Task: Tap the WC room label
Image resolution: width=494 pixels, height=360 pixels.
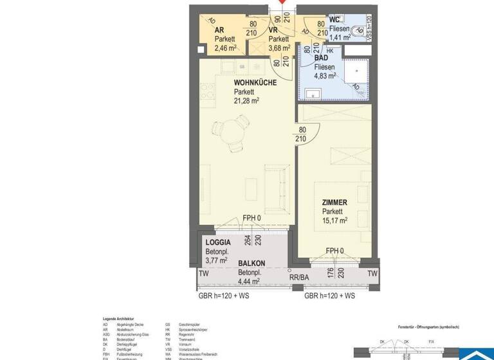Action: (x=334, y=19)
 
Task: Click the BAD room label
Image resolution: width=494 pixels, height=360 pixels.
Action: (x=321, y=58)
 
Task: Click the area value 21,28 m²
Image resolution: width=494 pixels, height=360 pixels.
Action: (x=246, y=101)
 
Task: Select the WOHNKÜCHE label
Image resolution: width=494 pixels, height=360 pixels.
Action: (x=255, y=83)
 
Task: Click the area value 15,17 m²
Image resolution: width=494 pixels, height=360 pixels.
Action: (x=334, y=220)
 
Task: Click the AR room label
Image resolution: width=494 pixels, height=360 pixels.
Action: (x=219, y=30)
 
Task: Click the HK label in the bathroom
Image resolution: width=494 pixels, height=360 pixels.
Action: (x=330, y=51)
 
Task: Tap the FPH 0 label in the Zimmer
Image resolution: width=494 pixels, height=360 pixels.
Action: (x=335, y=251)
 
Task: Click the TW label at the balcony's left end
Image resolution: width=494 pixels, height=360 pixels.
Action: (x=203, y=274)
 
